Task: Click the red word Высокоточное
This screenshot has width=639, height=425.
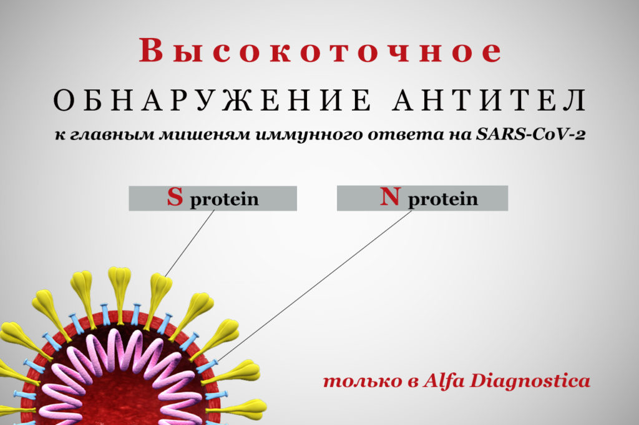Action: (x=320, y=51)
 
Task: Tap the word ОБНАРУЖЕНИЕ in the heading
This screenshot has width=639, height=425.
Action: (x=212, y=100)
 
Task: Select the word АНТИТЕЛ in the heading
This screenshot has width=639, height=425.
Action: (x=489, y=100)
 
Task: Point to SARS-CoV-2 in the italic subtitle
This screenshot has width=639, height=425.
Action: (x=530, y=134)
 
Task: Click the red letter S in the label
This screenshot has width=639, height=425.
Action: (x=175, y=197)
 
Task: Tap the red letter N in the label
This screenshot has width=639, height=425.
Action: (x=391, y=196)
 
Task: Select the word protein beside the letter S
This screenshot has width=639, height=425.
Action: (x=224, y=199)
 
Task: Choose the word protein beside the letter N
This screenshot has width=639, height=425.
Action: (x=443, y=199)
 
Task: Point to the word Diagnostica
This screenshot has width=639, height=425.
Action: (x=530, y=381)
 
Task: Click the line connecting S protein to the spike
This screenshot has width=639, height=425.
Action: (x=190, y=244)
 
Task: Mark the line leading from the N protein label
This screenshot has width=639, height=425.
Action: (x=315, y=286)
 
